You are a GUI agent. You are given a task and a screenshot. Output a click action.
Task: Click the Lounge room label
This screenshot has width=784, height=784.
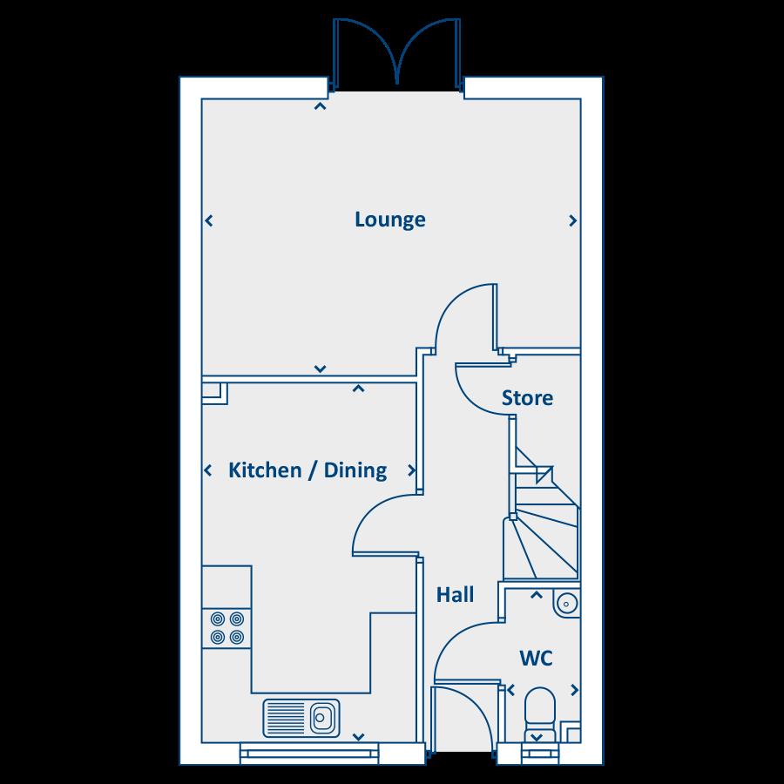(389, 220)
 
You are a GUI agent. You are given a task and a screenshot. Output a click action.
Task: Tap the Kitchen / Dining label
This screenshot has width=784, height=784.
(307, 471)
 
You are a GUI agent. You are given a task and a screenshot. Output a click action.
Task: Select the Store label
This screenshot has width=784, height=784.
(527, 398)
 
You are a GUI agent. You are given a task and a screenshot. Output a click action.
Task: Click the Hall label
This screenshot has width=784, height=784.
(455, 595)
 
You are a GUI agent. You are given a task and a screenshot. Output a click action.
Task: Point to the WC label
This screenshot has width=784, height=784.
(537, 658)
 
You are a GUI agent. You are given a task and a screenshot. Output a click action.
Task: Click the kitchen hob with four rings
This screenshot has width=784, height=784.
(226, 628)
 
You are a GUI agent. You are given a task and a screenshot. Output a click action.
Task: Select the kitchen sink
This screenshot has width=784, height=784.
(301, 719)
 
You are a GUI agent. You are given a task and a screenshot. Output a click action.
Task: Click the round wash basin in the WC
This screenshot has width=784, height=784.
(567, 602)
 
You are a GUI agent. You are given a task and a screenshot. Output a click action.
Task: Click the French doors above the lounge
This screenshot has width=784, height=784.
(396, 52)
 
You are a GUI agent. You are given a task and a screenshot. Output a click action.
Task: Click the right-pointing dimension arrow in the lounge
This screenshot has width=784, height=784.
(572, 221)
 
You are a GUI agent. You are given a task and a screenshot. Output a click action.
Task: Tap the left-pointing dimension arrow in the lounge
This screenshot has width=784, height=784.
(208, 221)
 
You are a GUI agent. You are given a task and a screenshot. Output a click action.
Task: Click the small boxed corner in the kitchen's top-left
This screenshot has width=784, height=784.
(213, 393)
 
